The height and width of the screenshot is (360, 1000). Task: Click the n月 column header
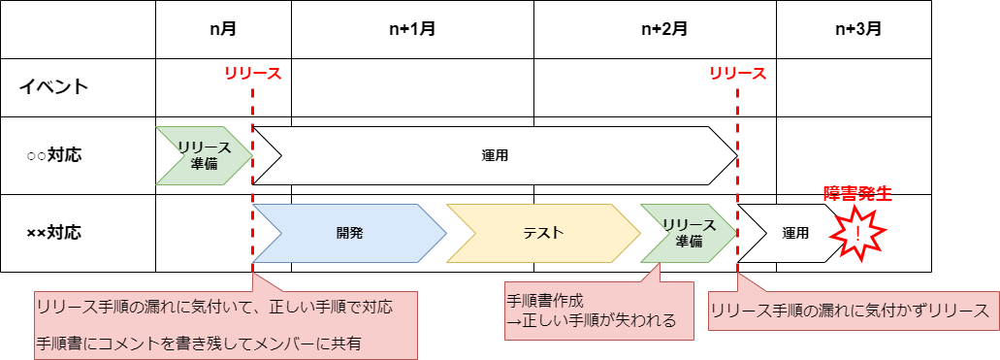(x=223, y=29)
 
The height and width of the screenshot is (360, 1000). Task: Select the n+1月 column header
(x=411, y=29)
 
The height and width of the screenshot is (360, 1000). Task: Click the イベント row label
(x=54, y=87)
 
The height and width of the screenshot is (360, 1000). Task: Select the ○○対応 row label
(x=54, y=155)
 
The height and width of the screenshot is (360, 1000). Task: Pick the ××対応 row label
(x=54, y=233)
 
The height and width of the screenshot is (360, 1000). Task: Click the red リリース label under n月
(x=252, y=74)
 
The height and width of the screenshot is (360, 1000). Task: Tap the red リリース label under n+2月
(x=737, y=74)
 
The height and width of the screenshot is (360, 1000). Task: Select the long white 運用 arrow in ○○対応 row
(x=495, y=155)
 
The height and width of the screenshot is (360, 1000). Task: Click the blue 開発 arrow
(x=349, y=233)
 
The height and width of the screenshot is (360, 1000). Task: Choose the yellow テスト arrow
(x=543, y=233)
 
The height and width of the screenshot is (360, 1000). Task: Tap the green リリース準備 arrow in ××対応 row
(x=688, y=233)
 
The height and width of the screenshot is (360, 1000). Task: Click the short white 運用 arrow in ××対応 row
(x=790, y=233)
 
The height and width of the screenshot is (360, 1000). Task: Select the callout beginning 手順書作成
(x=598, y=311)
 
